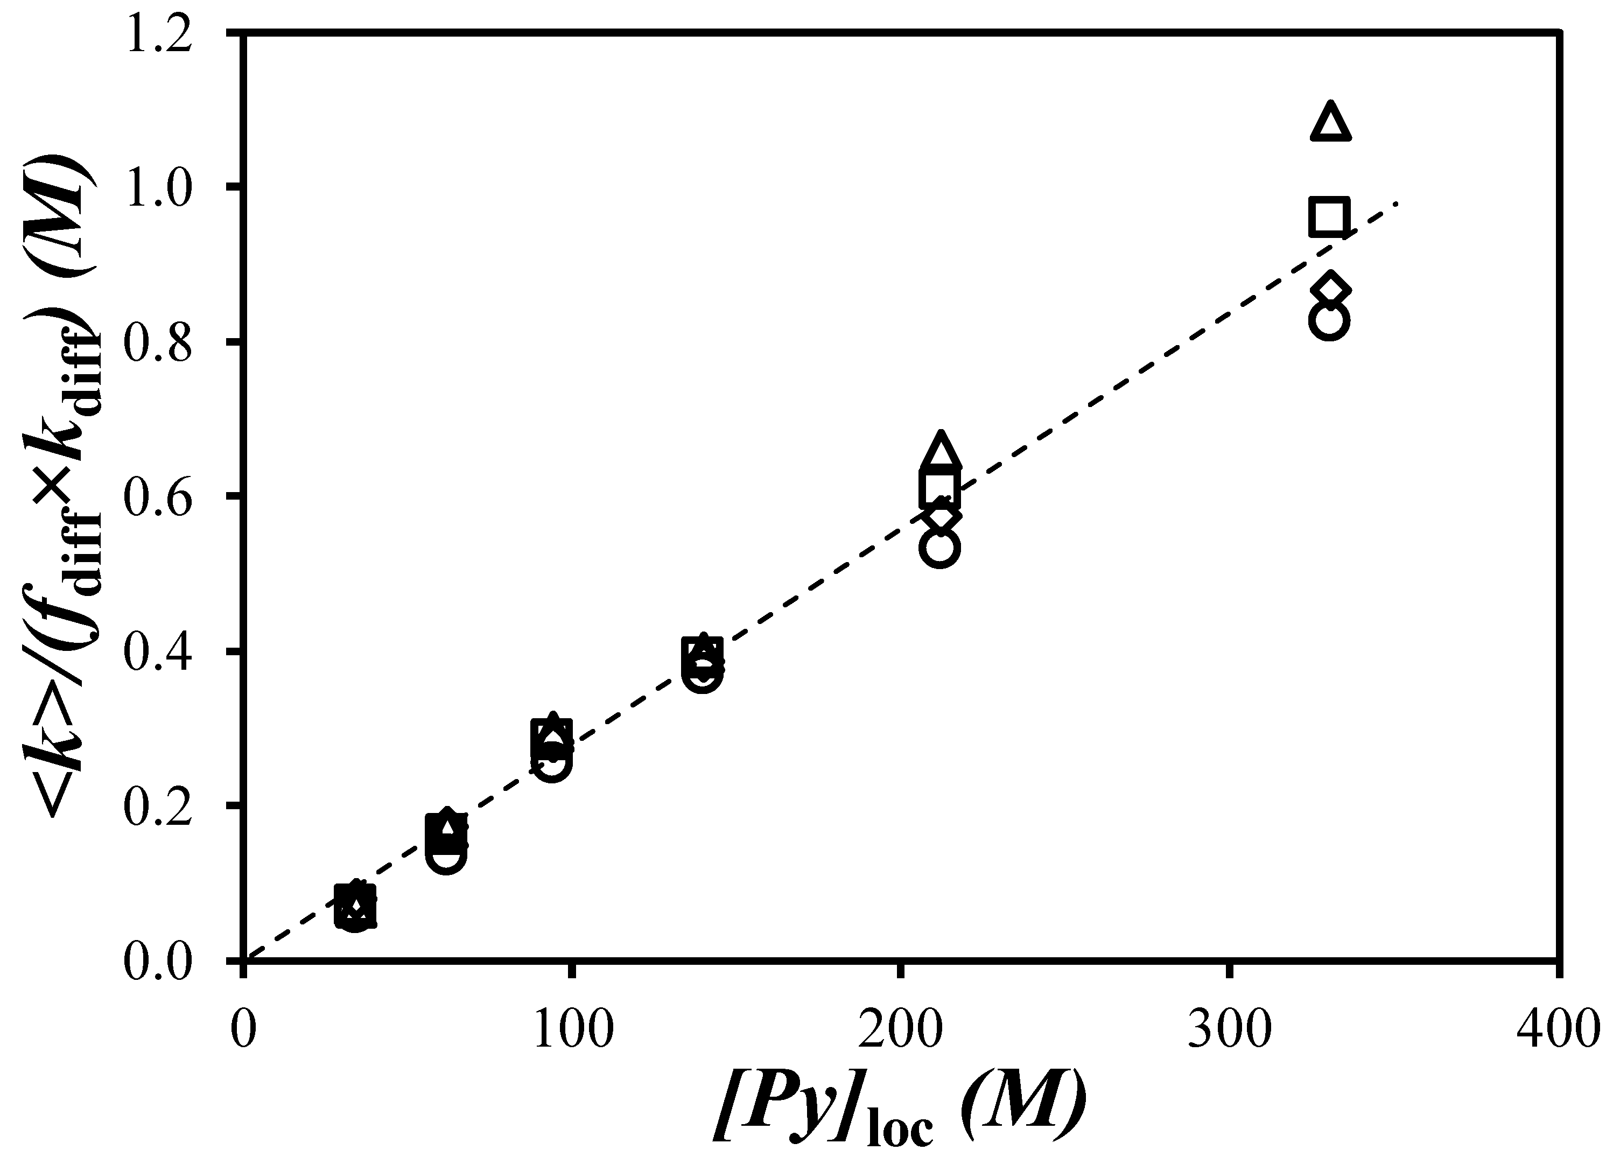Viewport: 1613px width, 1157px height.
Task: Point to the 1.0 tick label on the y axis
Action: click(x=159, y=188)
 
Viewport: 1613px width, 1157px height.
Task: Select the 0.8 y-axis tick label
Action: click(x=159, y=343)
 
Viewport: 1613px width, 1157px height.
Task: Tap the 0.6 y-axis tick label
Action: click(x=159, y=497)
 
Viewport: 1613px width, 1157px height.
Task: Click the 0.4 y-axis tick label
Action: click(x=159, y=651)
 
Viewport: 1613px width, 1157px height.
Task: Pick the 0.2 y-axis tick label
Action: click(x=159, y=806)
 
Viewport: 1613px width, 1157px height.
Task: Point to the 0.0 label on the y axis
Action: click(x=159, y=962)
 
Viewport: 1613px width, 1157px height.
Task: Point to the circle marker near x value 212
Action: click(x=940, y=548)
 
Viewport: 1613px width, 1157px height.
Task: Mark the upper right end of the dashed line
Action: click(x=1398, y=204)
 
